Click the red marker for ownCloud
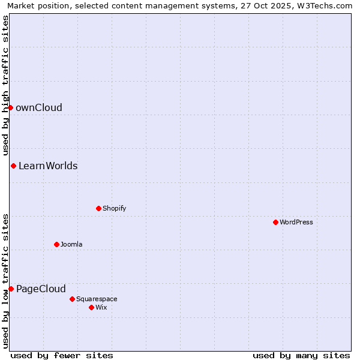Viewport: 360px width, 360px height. (10, 107)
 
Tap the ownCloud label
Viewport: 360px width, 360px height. (39, 108)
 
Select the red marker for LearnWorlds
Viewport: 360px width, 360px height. (13, 166)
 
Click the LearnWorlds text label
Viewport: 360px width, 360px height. (48, 166)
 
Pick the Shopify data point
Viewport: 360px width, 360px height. (98, 208)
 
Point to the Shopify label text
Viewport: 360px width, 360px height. (114, 209)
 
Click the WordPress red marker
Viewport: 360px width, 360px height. (275, 222)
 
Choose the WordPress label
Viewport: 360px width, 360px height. (296, 223)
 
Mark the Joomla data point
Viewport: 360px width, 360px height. (56, 244)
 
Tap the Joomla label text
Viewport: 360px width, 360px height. (71, 245)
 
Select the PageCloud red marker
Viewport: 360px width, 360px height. (11, 289)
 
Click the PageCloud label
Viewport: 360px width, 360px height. (41, 289)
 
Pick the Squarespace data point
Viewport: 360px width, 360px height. (72, 299)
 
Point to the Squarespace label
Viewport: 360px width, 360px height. (97, 299)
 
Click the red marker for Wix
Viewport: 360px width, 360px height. (91, 307)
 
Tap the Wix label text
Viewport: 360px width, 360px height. (101, 308)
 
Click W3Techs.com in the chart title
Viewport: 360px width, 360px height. (325, 5)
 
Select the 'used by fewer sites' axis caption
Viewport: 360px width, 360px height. (62, 355)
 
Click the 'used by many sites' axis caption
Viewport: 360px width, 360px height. (301, 355)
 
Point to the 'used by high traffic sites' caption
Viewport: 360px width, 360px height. (5, 85)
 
